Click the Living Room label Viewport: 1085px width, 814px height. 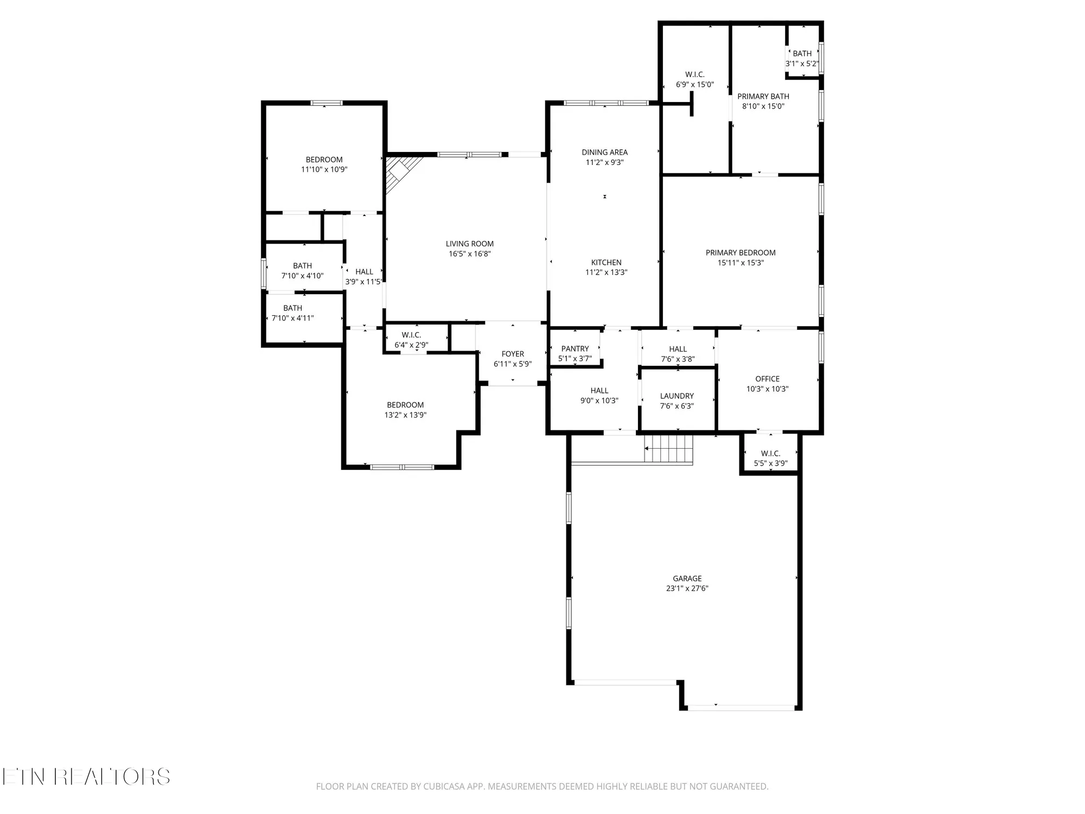pyautogui.click(x=469, y=244)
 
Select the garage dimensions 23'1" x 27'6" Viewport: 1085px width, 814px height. pyautogui.click(x=687, y=588)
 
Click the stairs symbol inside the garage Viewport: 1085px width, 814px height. pyautogui.click(x=669, y=449)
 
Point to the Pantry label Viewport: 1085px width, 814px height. pyautogui.click(x=575, y=349)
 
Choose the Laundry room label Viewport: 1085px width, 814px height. pyautogui.click(x=676, y=396)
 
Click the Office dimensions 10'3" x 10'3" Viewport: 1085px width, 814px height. pyautogui.click(x=767, y=389)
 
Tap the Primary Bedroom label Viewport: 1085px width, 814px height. pyautogui.click(x=741, y=253)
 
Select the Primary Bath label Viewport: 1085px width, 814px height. pyautogui.click(x=763, y=97)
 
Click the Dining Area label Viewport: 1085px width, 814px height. pyautogui.click(x=604, y=152)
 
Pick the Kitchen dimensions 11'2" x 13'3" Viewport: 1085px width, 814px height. pyautogui.click(x=606, y=272)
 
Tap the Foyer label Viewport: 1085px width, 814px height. pyautogui.click(x=513, y=354)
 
